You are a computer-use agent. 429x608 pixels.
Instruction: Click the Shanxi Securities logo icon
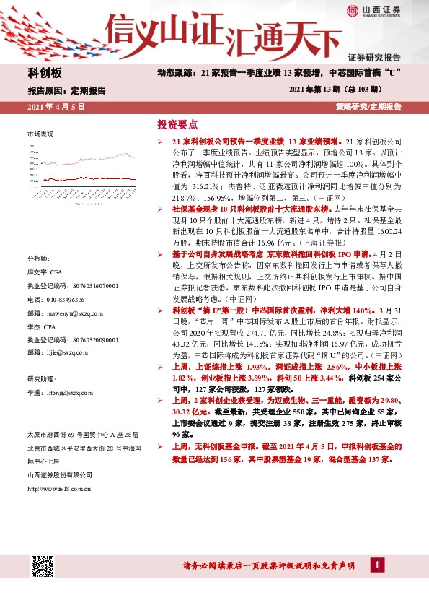click(x=351, y=11)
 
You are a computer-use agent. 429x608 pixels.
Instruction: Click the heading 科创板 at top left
click(x=45, y=73)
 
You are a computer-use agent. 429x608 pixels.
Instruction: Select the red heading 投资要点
click(x=177, y=124)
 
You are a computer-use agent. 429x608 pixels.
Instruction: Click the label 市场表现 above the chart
click(x=40, y=135)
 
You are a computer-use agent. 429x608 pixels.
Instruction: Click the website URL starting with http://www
click(x=58, y=489)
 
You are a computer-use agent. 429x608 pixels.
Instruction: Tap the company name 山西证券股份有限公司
click(x=59, y=474)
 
